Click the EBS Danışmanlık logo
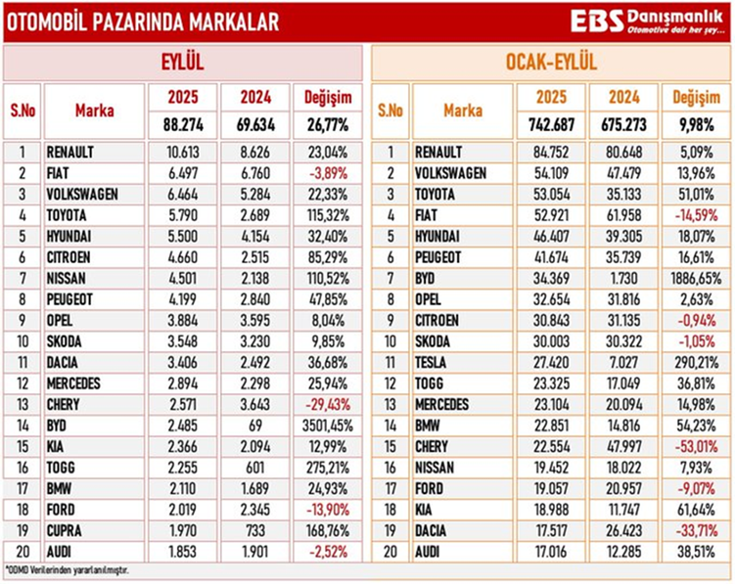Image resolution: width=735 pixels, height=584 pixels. click(645, 22)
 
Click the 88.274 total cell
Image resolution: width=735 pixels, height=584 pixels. click(182, 126)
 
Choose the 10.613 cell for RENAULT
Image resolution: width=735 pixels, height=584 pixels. click(182, 152)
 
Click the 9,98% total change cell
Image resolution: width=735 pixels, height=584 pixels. click(696, 126)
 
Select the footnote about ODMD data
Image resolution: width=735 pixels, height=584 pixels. click(68, 568)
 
